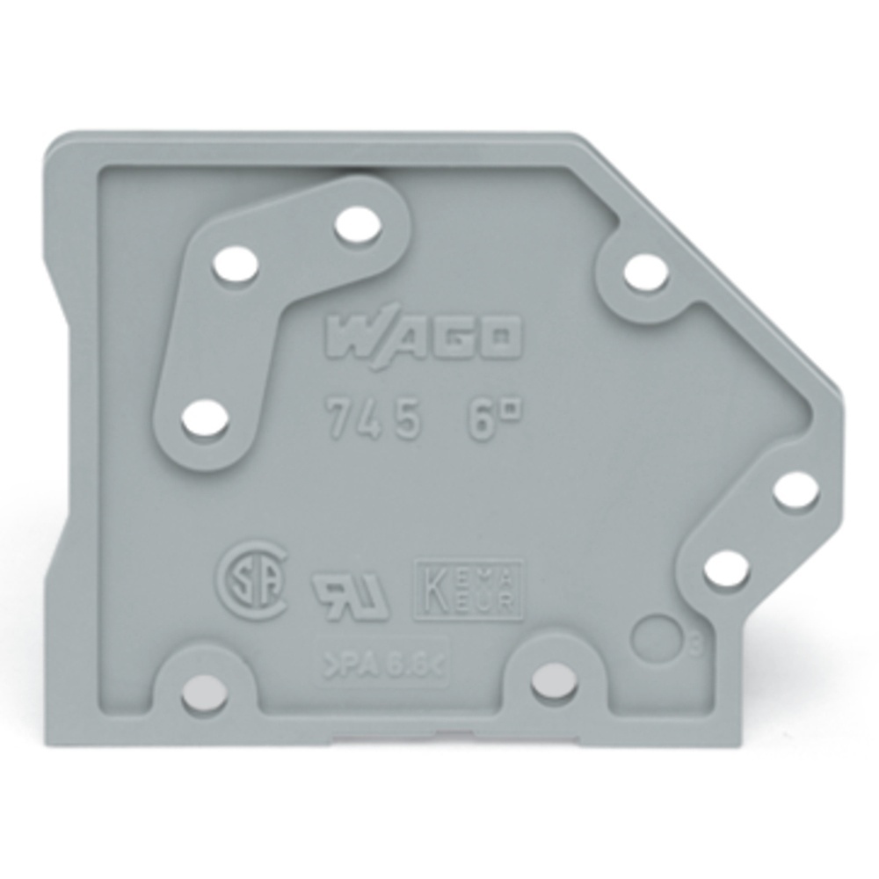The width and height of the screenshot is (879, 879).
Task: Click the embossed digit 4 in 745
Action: (372, 421)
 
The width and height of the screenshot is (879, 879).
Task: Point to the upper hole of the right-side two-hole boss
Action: (795, 490)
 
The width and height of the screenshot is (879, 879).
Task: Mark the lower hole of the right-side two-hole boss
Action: (727, 570)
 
